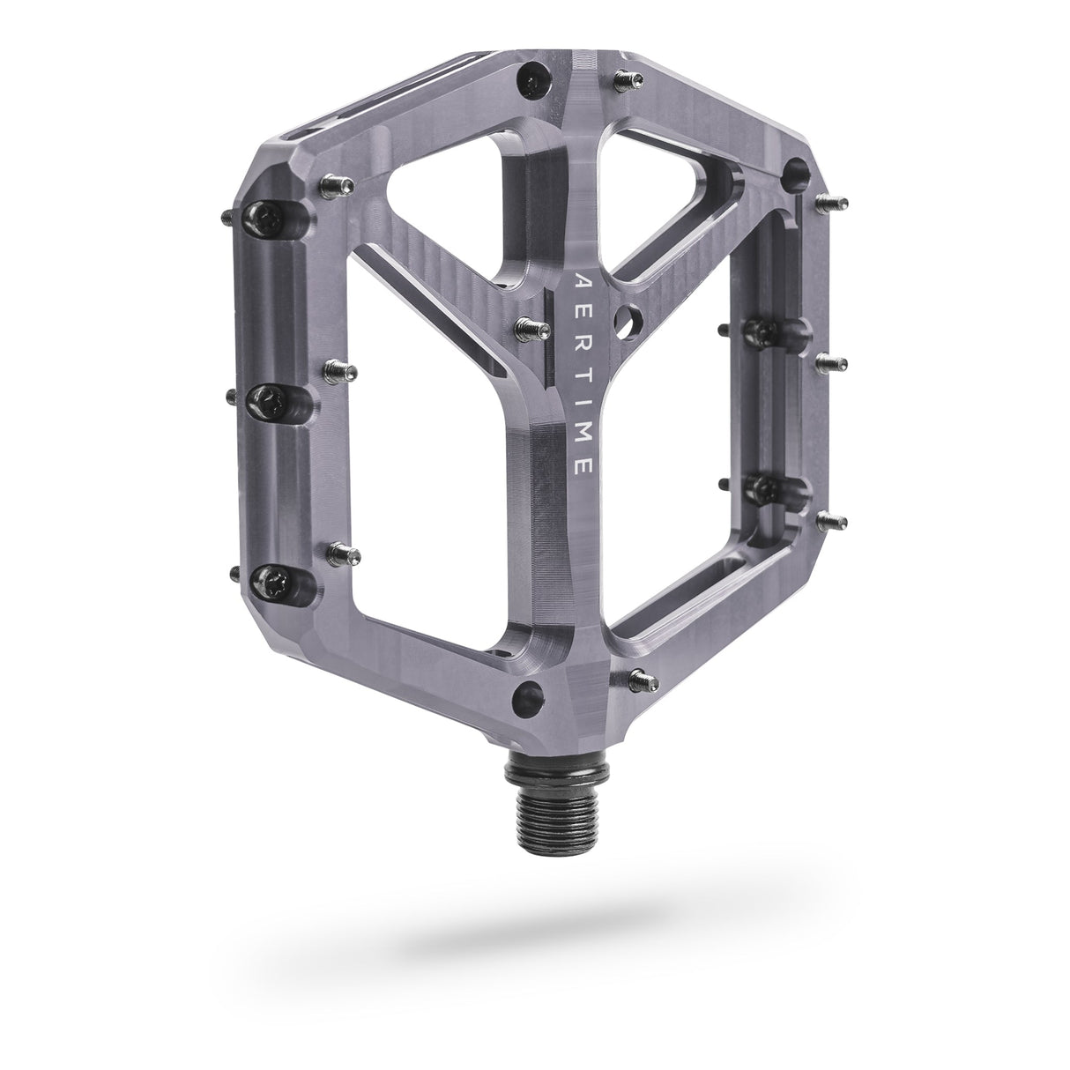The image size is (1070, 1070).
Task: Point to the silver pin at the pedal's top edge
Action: tap(630, 77)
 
